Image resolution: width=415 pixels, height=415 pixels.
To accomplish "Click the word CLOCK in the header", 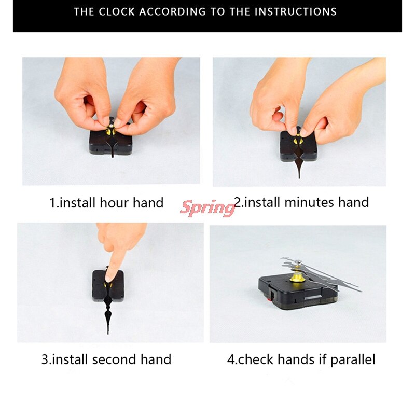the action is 117,12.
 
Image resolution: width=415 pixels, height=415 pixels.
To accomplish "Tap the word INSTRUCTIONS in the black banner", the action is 296,12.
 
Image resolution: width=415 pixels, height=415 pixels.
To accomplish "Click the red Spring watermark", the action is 208,208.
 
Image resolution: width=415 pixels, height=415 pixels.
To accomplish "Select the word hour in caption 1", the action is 115,203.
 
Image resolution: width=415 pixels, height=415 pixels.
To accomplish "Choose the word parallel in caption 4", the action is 353,360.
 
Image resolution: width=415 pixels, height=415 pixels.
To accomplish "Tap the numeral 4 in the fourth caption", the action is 230,360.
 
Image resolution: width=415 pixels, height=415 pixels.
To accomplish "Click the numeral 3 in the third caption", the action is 45,359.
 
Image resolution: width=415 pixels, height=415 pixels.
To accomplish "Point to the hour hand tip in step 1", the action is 113,157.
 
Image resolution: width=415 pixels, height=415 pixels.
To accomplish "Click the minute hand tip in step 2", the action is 299,178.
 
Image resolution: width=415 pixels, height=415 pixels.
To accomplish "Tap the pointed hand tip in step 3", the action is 108,334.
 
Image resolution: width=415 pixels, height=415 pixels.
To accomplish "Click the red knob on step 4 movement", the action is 270,299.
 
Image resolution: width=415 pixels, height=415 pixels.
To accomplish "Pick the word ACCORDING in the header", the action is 172,12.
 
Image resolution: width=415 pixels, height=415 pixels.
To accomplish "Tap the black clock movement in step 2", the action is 299,146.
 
